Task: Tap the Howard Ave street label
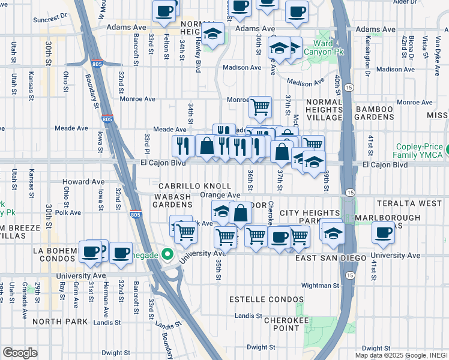(x=83, y=182)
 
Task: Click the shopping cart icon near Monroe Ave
(x=260, y=107)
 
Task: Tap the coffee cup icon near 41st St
(x=383, y=232)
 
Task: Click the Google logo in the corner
(x=20, y=352)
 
